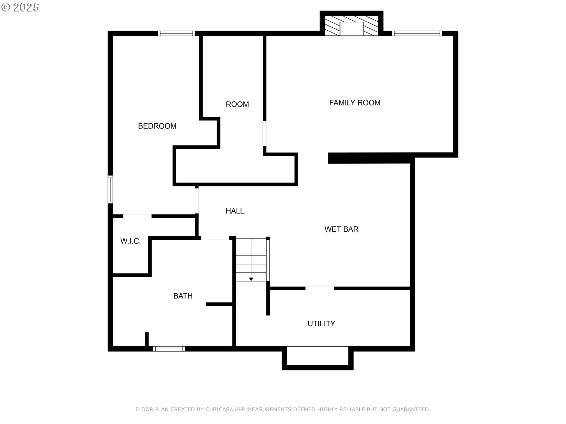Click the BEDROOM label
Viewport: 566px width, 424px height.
click(157, 126)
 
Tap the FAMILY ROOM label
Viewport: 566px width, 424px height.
click(355, 103)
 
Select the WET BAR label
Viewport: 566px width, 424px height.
click(341, 229)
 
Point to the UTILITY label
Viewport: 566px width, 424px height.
click(321, 324)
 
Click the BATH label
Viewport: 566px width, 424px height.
click(183, 296)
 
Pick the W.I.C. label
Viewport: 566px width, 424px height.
click(131, 241)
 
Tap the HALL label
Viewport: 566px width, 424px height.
click(235, 211)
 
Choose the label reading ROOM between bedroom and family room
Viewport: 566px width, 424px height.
click(237, 104)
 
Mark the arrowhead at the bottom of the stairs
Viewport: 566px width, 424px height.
click(251, 279)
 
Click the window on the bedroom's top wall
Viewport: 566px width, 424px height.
click(176, 33)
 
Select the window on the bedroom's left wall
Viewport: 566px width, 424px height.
click(110, 189)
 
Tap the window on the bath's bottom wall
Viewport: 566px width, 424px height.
click(169, 349)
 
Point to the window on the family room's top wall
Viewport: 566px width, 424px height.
click(417, 33)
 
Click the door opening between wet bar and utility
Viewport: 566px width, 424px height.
click(320, 289)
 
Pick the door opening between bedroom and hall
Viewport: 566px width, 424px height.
click(197, 201)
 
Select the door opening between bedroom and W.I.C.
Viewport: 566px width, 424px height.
click(137, 216)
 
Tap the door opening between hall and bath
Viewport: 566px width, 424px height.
click(215, 238)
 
